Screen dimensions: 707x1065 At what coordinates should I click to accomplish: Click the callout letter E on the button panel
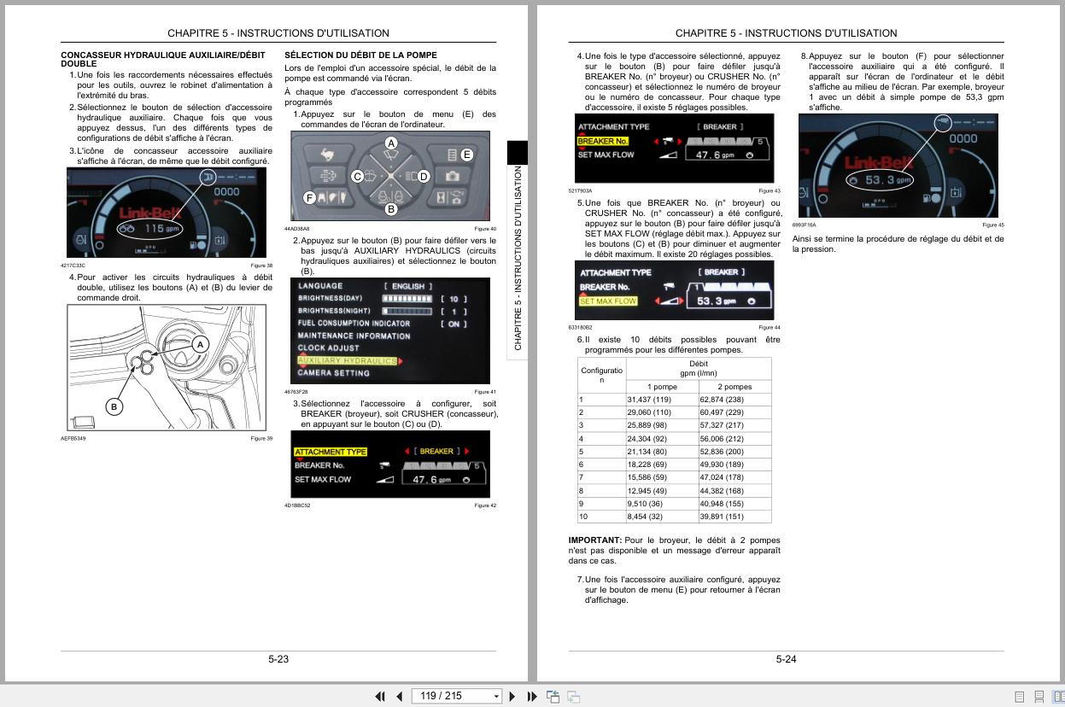point(466,155)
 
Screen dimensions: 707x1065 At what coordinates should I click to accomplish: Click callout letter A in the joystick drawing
point(199,344)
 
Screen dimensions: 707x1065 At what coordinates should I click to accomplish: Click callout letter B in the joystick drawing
point(114,406)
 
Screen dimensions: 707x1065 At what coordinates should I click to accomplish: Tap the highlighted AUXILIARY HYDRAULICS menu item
point(347,361)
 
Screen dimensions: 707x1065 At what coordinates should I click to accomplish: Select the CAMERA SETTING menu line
point(333,373)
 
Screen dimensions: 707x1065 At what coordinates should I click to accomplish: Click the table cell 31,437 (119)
point(649,400)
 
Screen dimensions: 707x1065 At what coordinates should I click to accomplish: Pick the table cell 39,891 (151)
point(722,516)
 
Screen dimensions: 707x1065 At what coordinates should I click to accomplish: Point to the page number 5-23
point(278,659)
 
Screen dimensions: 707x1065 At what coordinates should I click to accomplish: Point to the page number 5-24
point(786,659)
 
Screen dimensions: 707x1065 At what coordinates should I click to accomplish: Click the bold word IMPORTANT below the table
point(595,540)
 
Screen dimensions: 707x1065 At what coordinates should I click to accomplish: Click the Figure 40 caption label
point(485,229)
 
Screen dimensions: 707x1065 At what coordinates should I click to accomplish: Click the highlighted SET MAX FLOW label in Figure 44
point(608,301)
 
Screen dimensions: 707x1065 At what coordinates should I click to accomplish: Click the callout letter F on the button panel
point(310,197)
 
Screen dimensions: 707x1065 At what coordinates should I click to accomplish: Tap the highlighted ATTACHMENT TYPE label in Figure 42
point(331,452)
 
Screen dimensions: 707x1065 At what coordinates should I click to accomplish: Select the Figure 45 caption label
point(993,225)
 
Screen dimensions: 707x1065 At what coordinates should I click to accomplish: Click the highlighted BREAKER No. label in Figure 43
point(602,141)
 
